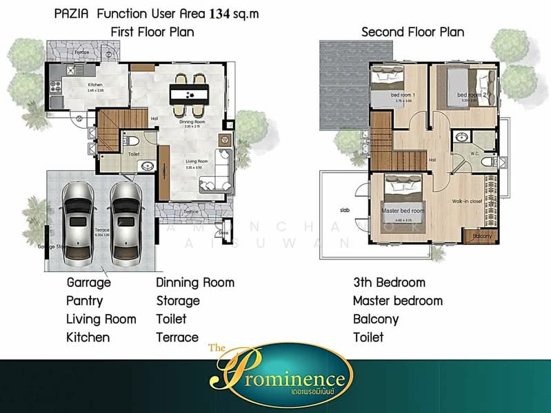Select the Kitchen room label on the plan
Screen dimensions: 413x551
coord(95,85)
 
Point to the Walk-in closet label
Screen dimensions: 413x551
coord(467,202)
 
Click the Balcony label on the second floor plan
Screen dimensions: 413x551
coord(483,236)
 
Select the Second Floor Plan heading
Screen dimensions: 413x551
coord(412,32)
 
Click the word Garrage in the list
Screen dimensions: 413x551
coord(89,282)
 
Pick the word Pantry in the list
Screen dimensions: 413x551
coord(85,301)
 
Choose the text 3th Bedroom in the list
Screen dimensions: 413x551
coord(389,282)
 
